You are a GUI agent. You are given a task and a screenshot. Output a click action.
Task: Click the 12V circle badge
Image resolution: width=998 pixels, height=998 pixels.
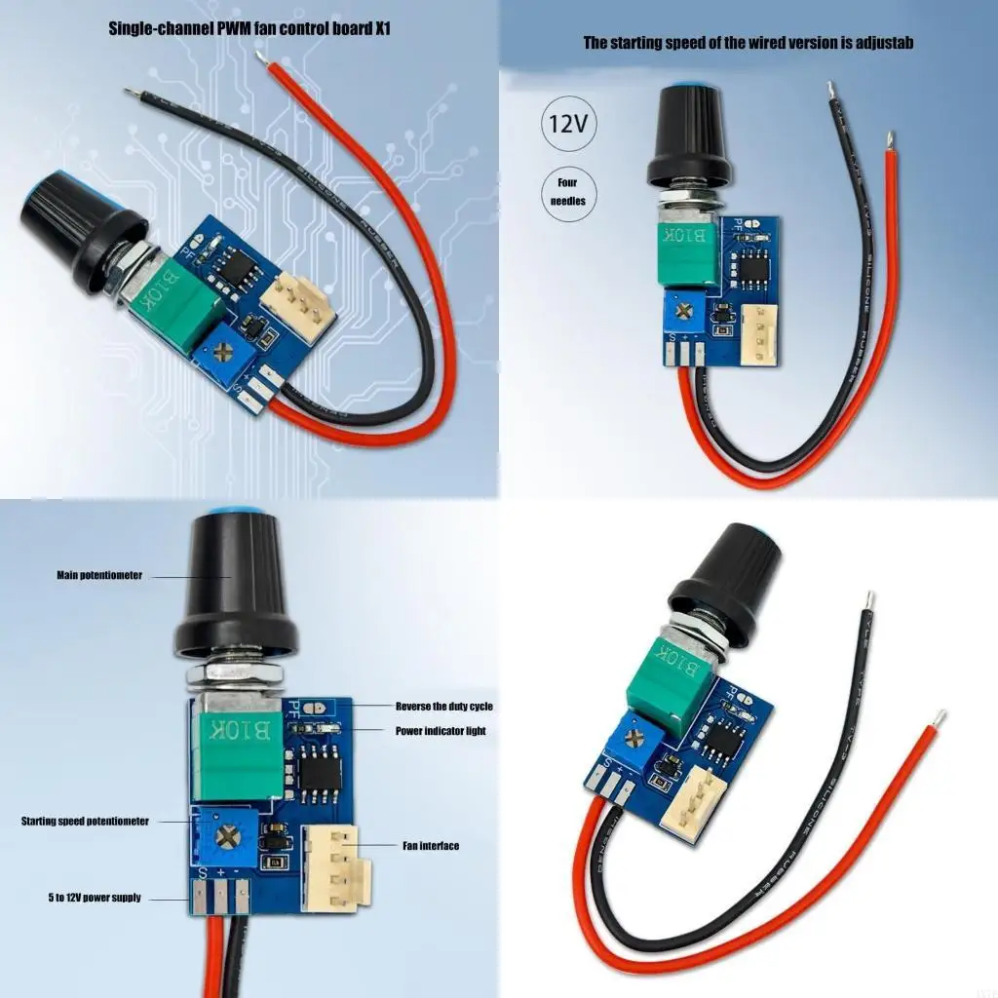point(569,124)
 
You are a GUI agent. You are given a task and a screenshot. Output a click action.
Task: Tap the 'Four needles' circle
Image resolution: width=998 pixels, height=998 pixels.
point(567,192)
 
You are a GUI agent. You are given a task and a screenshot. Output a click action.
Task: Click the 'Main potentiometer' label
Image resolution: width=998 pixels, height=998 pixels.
point(99,576)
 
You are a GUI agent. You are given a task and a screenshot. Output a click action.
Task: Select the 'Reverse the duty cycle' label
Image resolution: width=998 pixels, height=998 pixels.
point(443,706)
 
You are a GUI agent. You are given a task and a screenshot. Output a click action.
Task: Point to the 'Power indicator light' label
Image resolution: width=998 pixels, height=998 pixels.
point(440,731)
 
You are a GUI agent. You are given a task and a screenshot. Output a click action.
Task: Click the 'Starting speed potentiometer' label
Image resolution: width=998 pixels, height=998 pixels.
point(86,822)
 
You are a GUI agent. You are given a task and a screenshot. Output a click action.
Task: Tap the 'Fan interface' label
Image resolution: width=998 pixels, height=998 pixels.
point(430,846)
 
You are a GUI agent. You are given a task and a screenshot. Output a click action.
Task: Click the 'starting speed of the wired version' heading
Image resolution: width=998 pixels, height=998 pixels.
point(748,43)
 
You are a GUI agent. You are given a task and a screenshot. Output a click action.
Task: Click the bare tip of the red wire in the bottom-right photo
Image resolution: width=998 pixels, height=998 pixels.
point(939,719)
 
